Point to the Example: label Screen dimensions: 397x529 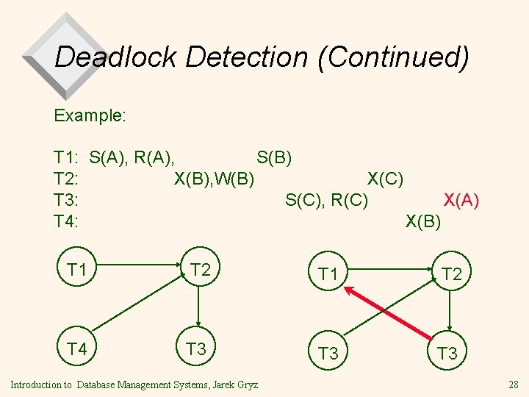point(90,115)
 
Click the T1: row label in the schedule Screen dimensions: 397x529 point(67,157)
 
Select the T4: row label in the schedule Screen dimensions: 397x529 point(67,220)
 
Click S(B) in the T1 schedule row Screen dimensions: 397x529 point(274,157)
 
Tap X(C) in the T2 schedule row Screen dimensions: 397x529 point(385,178)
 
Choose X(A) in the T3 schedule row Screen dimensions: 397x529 point(461,199)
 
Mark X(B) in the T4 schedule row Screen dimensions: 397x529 point(423,220)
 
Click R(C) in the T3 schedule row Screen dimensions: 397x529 point(350,199)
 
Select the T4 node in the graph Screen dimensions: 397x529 point(77,348)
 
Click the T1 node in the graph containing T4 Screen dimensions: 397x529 point(77,270)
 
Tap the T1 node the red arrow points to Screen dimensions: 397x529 point(327,275)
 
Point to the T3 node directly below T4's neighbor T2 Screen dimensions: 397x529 point(196,348)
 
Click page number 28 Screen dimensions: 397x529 point(513,385)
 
